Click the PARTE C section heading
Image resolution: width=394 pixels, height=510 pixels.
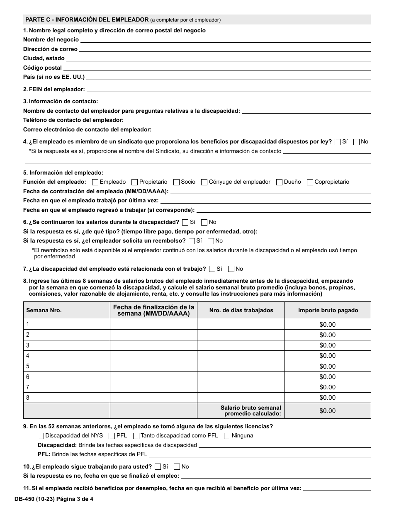(87, 19)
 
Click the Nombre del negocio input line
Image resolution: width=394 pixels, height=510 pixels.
(225, 39)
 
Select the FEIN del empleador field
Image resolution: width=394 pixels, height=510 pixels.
(228, 89)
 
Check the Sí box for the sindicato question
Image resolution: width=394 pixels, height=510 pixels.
(338, 142)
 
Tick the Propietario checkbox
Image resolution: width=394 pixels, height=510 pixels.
(134, 182)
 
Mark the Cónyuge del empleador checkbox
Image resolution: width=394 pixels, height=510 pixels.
(204, 182)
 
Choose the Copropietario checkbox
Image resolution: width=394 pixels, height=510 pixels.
(310, 182)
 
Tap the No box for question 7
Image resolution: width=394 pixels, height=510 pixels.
(231, 269)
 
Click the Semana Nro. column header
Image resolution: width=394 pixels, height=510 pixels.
(44, 310)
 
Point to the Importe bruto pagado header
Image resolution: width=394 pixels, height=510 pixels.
(327, 310)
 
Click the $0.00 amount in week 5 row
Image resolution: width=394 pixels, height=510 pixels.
(327, 367)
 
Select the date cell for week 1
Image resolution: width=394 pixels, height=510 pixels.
(153, 324)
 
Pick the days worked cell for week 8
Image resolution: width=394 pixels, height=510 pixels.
(240, 398)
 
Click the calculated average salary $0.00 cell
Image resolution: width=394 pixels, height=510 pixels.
(327, 411)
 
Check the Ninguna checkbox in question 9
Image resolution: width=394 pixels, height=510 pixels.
(227, 436)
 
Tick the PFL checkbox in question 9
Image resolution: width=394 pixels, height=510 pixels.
(112, 436)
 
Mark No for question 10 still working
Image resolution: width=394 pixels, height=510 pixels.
(177, 466)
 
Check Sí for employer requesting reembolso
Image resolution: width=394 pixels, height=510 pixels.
(192, 241)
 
